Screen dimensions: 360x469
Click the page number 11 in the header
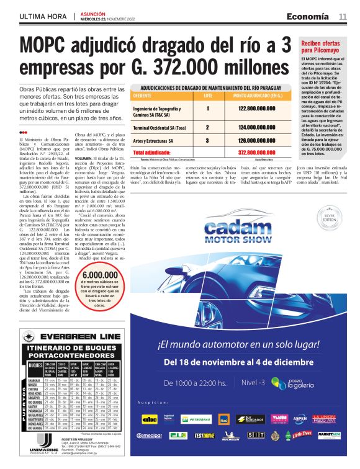343,16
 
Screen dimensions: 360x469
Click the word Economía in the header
312,16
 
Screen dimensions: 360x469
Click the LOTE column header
208,96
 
